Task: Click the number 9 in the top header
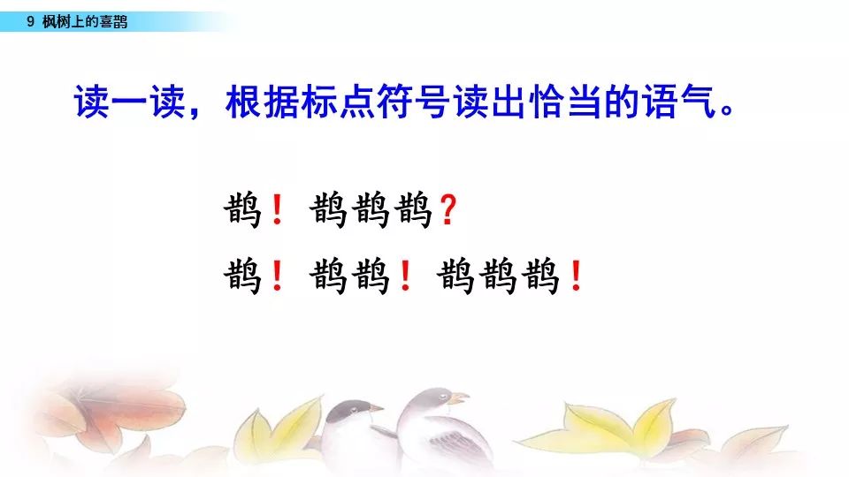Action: pyautogui.click(x=30, y=21)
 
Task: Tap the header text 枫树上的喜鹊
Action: pyautogui.click(x=85, y=21)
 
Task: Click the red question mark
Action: pyautogui.click(x=448, y=210)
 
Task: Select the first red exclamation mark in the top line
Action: pyautogui.click(x=277, y=210)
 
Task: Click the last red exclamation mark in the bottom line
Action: pyautogui.click(x=576, y=276)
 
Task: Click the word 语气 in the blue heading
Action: pyautogui.click(x=680, y=101)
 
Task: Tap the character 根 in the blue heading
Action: pyautogui.click(x=244, y=101)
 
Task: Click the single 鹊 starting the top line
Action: pyautogui.click(x=242, y=210)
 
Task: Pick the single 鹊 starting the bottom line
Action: pyautogui.click(x=242, y=276)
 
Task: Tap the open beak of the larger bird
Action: pyautogui.click(x=459, y=398)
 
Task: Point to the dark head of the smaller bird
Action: pyautogui.click(x=352, y=410)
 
